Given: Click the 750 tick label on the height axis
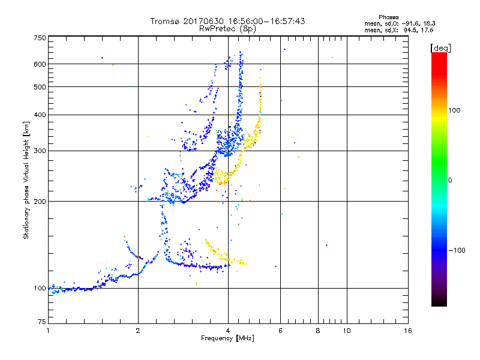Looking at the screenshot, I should coord(39,37).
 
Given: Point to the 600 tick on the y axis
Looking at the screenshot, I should coord(39,64).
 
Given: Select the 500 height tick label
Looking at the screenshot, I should coord(39,86).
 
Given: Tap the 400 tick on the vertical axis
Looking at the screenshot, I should coord(39,115).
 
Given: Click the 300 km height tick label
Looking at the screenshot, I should coord(39,151).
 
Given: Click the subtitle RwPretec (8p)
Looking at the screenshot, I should coord(227,28).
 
